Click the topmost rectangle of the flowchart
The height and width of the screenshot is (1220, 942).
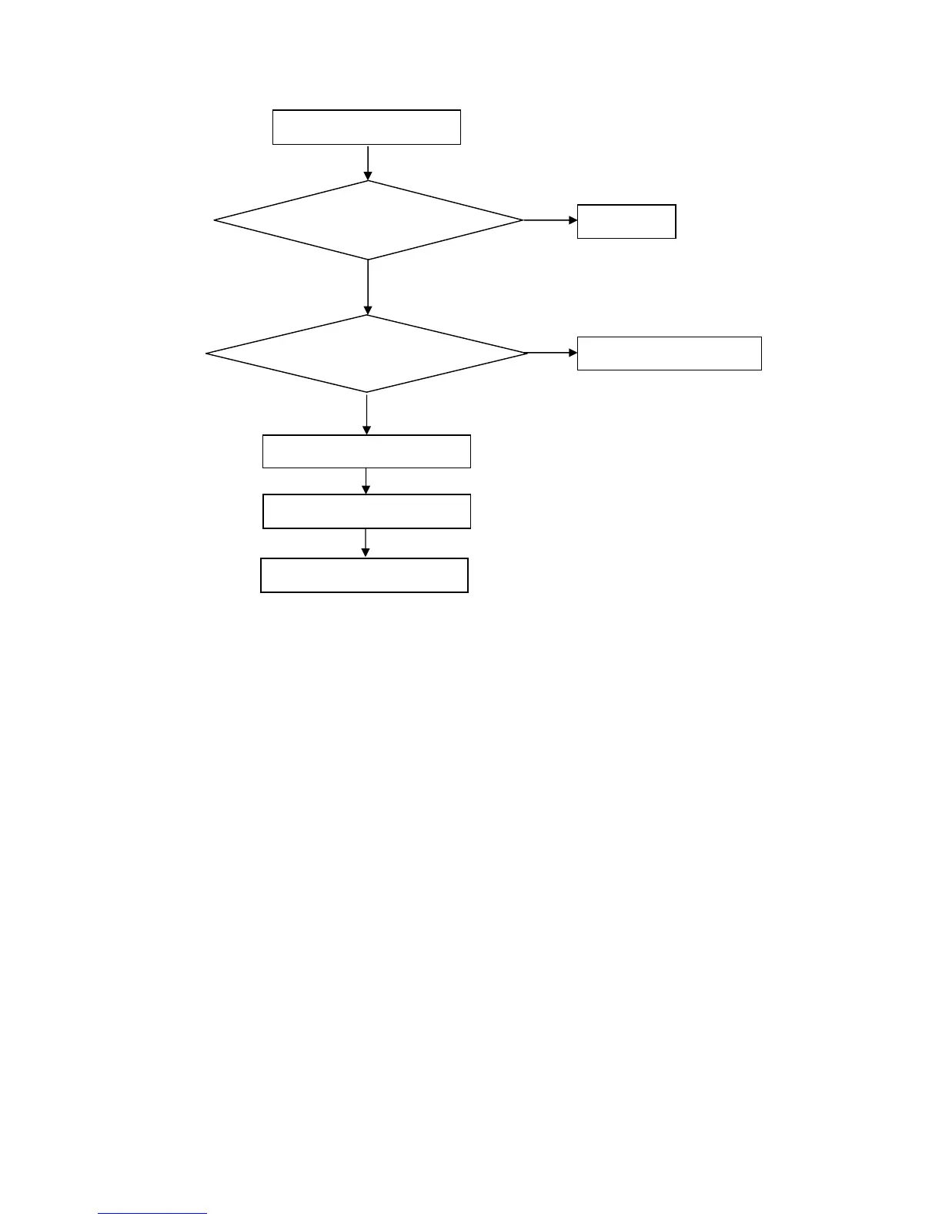click(366, 127)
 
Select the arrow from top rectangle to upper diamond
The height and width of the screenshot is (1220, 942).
click(368, 163)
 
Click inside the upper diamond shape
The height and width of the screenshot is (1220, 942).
click(368, 220)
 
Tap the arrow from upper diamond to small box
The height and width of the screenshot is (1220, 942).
click(549, 220)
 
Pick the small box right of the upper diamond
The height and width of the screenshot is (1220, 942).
click(626, 222)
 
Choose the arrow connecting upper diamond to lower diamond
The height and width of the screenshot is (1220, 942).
click(368, 287)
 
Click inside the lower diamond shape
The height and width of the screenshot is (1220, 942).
click(366, 354)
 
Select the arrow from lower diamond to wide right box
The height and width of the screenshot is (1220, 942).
click(552, 353)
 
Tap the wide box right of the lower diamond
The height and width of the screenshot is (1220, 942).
click(669, 354)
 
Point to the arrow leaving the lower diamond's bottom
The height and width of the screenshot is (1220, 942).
click(366, 414)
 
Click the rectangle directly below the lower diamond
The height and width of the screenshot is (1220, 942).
click(366, 451)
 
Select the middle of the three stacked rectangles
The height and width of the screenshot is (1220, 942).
click(366, 511)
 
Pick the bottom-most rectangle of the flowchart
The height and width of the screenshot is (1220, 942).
click(364, 575)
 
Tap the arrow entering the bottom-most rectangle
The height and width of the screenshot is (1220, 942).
click(366, 543)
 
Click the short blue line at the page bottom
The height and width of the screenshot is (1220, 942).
click(152, 1214)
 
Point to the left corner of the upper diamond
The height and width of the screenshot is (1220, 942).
click(215, 220)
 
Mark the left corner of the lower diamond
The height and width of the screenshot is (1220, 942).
click(208, 354)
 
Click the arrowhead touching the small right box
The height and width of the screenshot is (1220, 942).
click(573, 220)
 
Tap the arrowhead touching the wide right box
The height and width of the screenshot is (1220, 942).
click(573, 353)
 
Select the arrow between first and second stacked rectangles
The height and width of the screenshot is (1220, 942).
click(366, 481)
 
